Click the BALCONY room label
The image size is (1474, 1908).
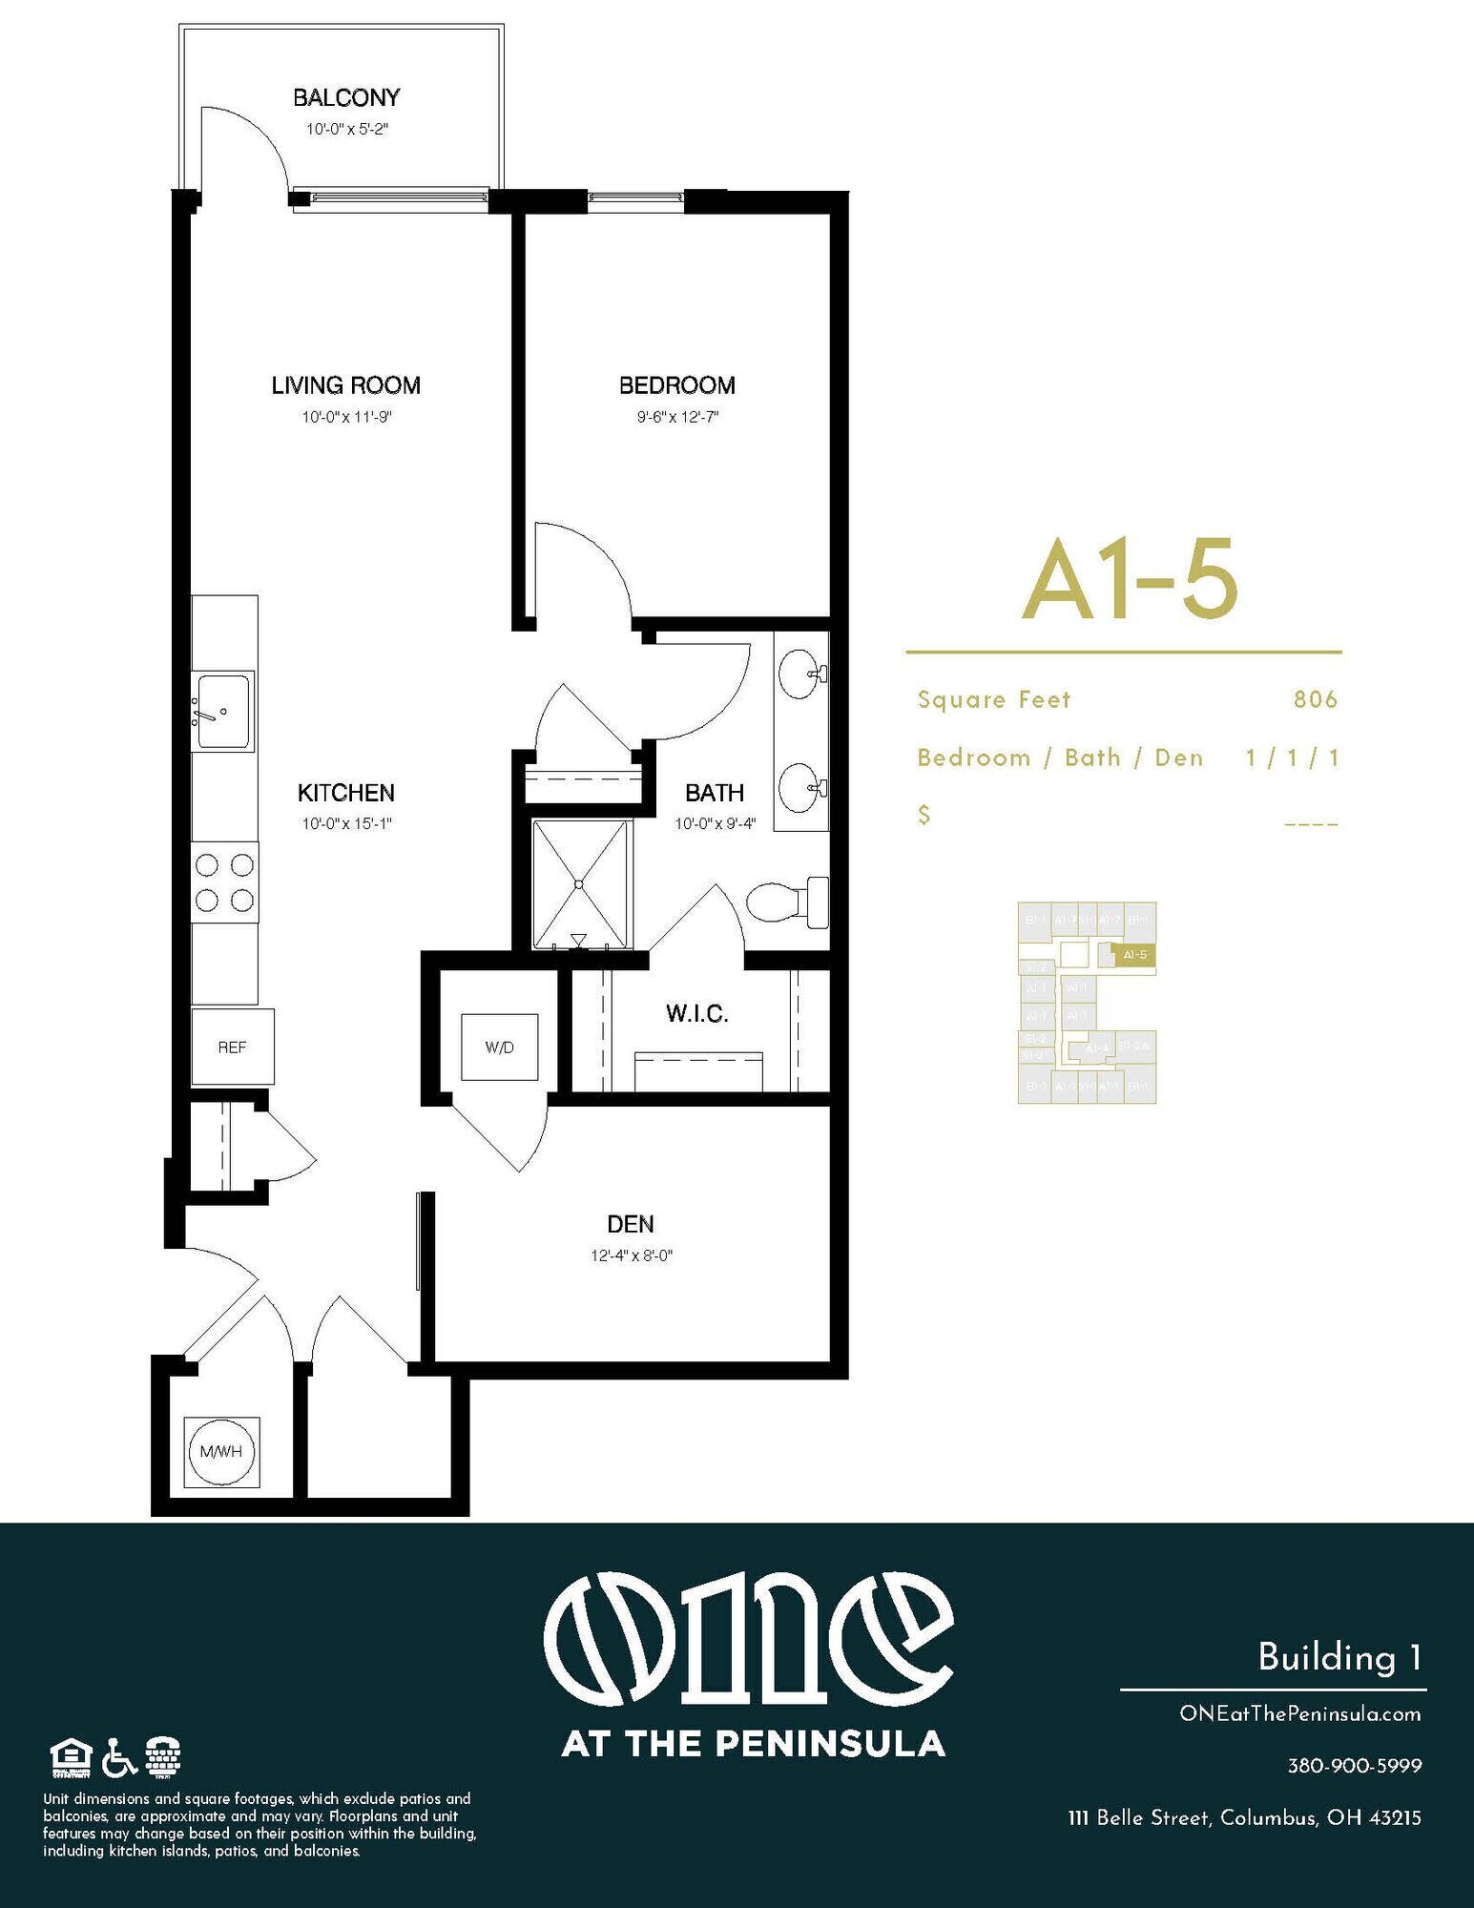345,97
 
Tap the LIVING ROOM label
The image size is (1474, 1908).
345,385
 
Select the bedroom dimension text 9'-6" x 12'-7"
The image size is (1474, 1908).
677,417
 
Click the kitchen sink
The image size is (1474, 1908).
223,711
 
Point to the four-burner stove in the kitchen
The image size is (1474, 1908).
224,882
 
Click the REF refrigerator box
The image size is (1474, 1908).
232,1047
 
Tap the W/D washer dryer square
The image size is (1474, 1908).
499,1047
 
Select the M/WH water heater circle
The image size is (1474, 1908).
221,1452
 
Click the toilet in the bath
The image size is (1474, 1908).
786,902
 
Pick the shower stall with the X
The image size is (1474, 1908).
580,884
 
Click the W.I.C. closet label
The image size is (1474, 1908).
696,1014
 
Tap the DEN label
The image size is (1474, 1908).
631,1224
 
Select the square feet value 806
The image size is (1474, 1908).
1316,700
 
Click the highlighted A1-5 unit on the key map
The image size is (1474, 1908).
1134,954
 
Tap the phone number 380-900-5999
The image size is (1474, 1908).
1354,1766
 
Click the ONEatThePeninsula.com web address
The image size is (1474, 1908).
1299,1713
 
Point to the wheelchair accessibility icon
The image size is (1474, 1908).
119,1757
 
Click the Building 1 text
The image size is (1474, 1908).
1339,1657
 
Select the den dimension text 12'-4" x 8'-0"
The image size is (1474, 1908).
632,1255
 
